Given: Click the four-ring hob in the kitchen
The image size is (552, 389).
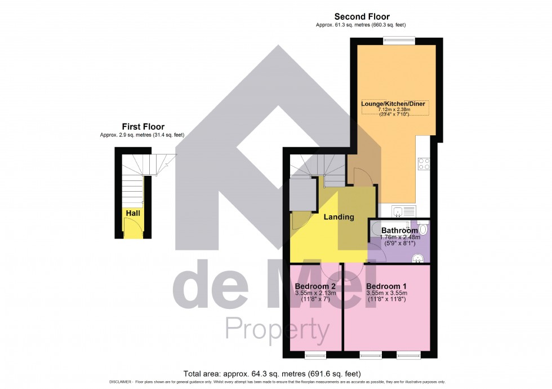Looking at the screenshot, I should (424, 164).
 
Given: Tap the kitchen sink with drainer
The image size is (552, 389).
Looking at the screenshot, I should (404, 212).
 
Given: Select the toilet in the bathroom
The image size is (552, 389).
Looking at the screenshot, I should (423, 229).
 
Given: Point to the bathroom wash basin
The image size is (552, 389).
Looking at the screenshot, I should (418, 258).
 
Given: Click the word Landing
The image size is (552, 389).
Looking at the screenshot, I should (339, 217).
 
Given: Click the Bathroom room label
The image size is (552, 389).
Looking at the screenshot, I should (399, 231).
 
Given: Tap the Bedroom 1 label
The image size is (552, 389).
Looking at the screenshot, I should (386, 286).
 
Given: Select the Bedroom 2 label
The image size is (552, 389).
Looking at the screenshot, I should (315, 286).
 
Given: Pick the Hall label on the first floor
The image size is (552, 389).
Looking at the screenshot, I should (133, 214).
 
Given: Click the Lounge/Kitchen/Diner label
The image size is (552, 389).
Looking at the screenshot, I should (393, 104).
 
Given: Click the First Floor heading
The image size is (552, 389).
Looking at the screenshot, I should (143, 127).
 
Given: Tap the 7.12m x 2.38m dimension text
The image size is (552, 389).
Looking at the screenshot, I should (393, 109).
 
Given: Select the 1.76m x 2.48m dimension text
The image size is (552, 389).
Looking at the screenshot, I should (399, 237).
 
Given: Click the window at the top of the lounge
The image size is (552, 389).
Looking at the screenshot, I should (399, 39).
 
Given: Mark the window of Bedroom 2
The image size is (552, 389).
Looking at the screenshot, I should (315, 355).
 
